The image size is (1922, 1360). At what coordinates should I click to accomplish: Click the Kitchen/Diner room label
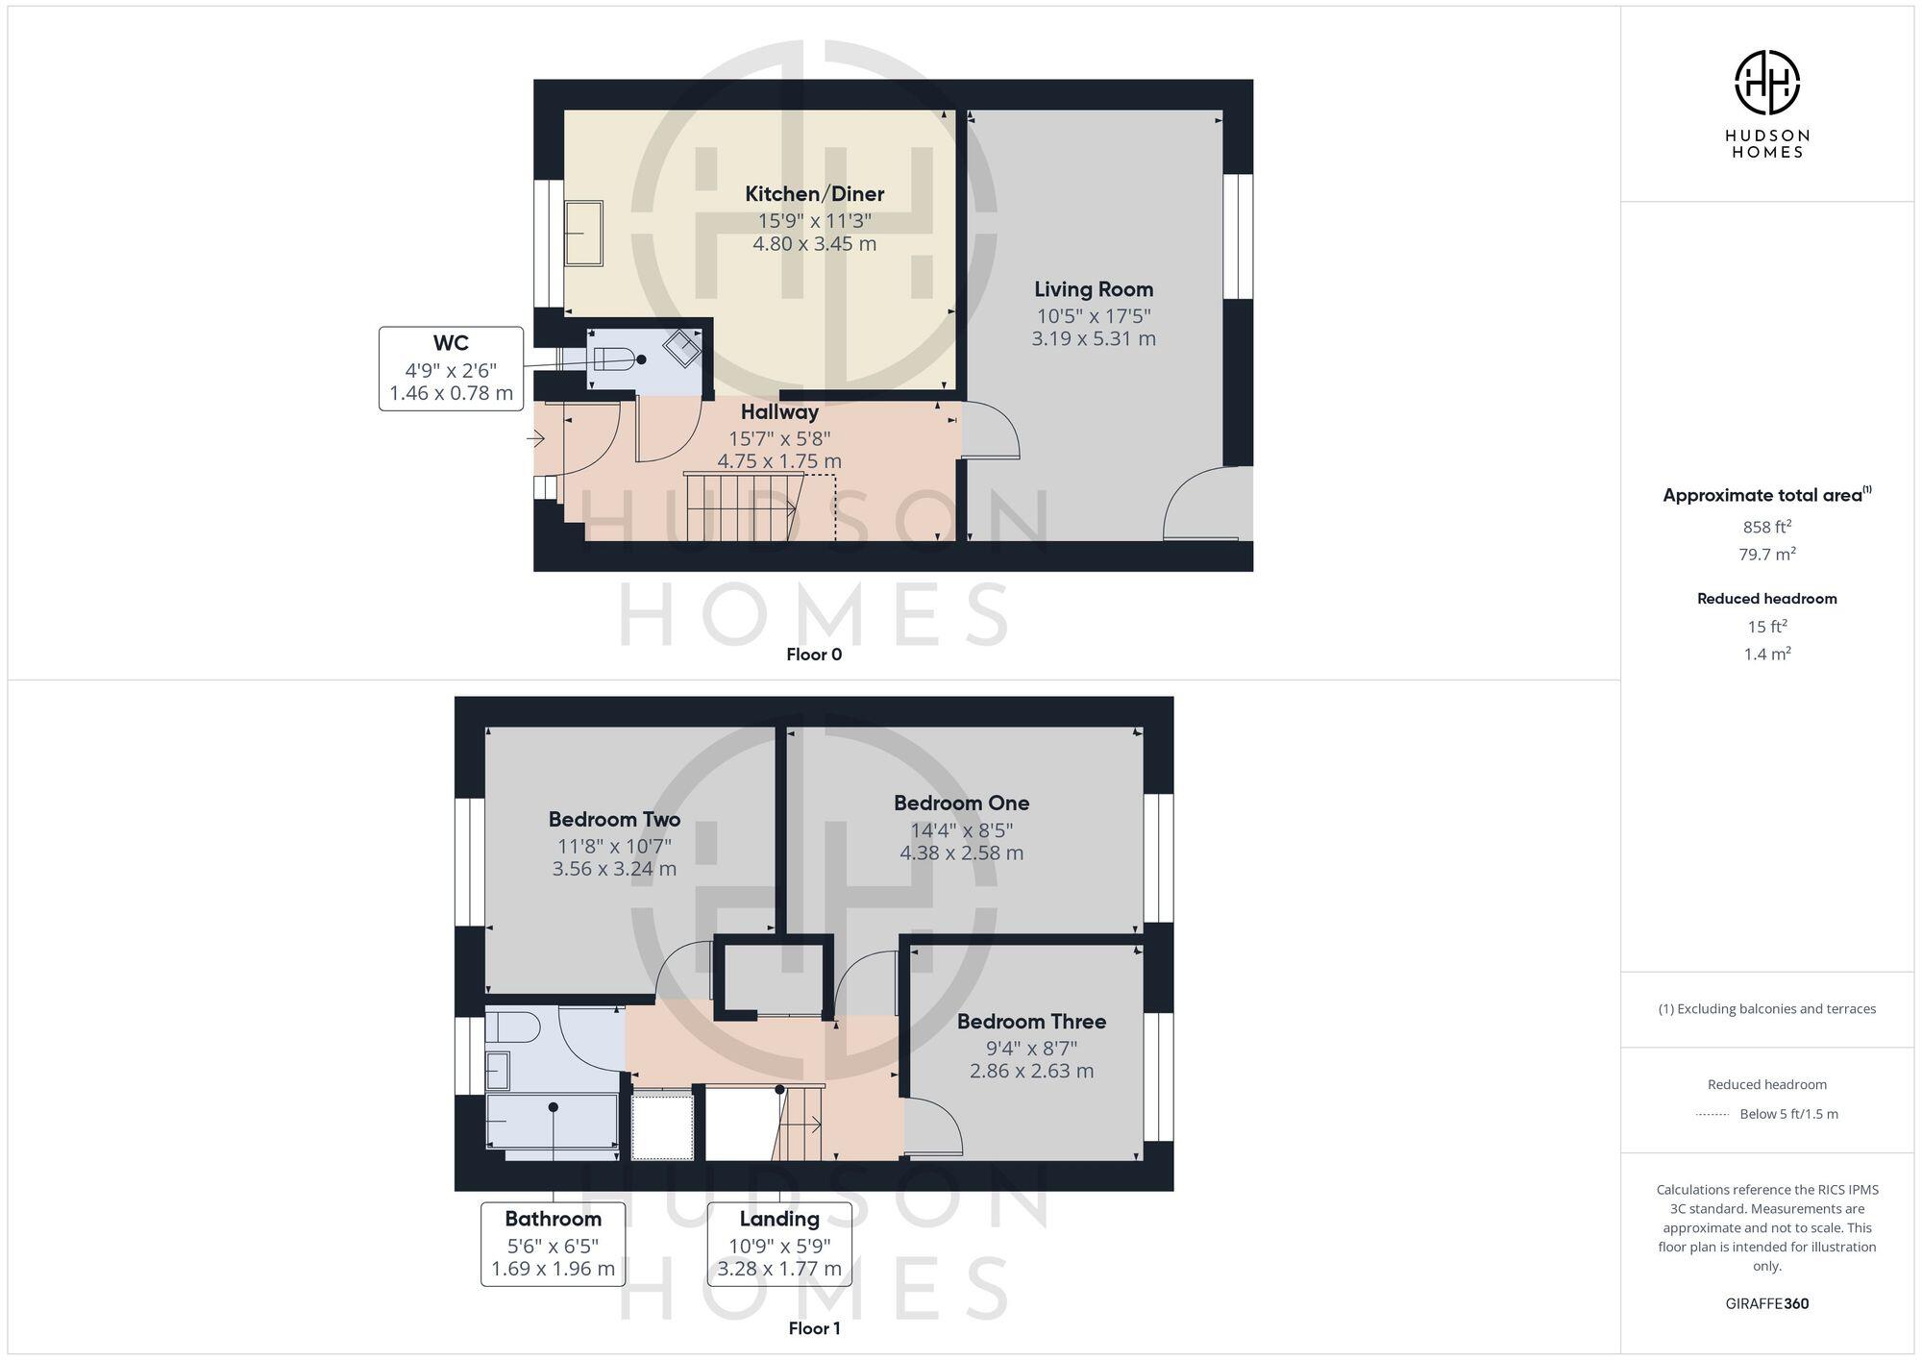(814, 193)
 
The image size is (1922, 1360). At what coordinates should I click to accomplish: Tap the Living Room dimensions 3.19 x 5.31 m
(1094, 338)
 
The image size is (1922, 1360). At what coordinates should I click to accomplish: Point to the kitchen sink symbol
(583, 234)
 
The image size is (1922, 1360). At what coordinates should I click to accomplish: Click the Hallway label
(779, 411)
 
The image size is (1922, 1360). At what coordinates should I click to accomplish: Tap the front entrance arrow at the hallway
(535, 439)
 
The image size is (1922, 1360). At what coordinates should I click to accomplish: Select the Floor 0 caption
(814, 655)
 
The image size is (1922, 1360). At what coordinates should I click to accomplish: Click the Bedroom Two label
(614, 819)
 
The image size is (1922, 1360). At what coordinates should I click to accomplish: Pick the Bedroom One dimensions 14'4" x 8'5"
(961, 829)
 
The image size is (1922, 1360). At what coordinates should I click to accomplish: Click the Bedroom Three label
(1031, 1021)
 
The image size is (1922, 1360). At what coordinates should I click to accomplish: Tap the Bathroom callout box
(553, 1244)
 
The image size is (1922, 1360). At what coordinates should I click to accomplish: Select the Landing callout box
(779, 1244)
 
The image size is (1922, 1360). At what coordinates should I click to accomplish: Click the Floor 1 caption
(814, 1328)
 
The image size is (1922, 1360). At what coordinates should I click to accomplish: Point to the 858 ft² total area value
(1766, 527)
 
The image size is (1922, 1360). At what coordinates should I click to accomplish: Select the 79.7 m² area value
(1766, 555)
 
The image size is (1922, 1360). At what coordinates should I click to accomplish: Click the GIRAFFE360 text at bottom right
(1766, 1303)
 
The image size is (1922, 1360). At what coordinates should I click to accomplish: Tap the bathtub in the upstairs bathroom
(553, 1123)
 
